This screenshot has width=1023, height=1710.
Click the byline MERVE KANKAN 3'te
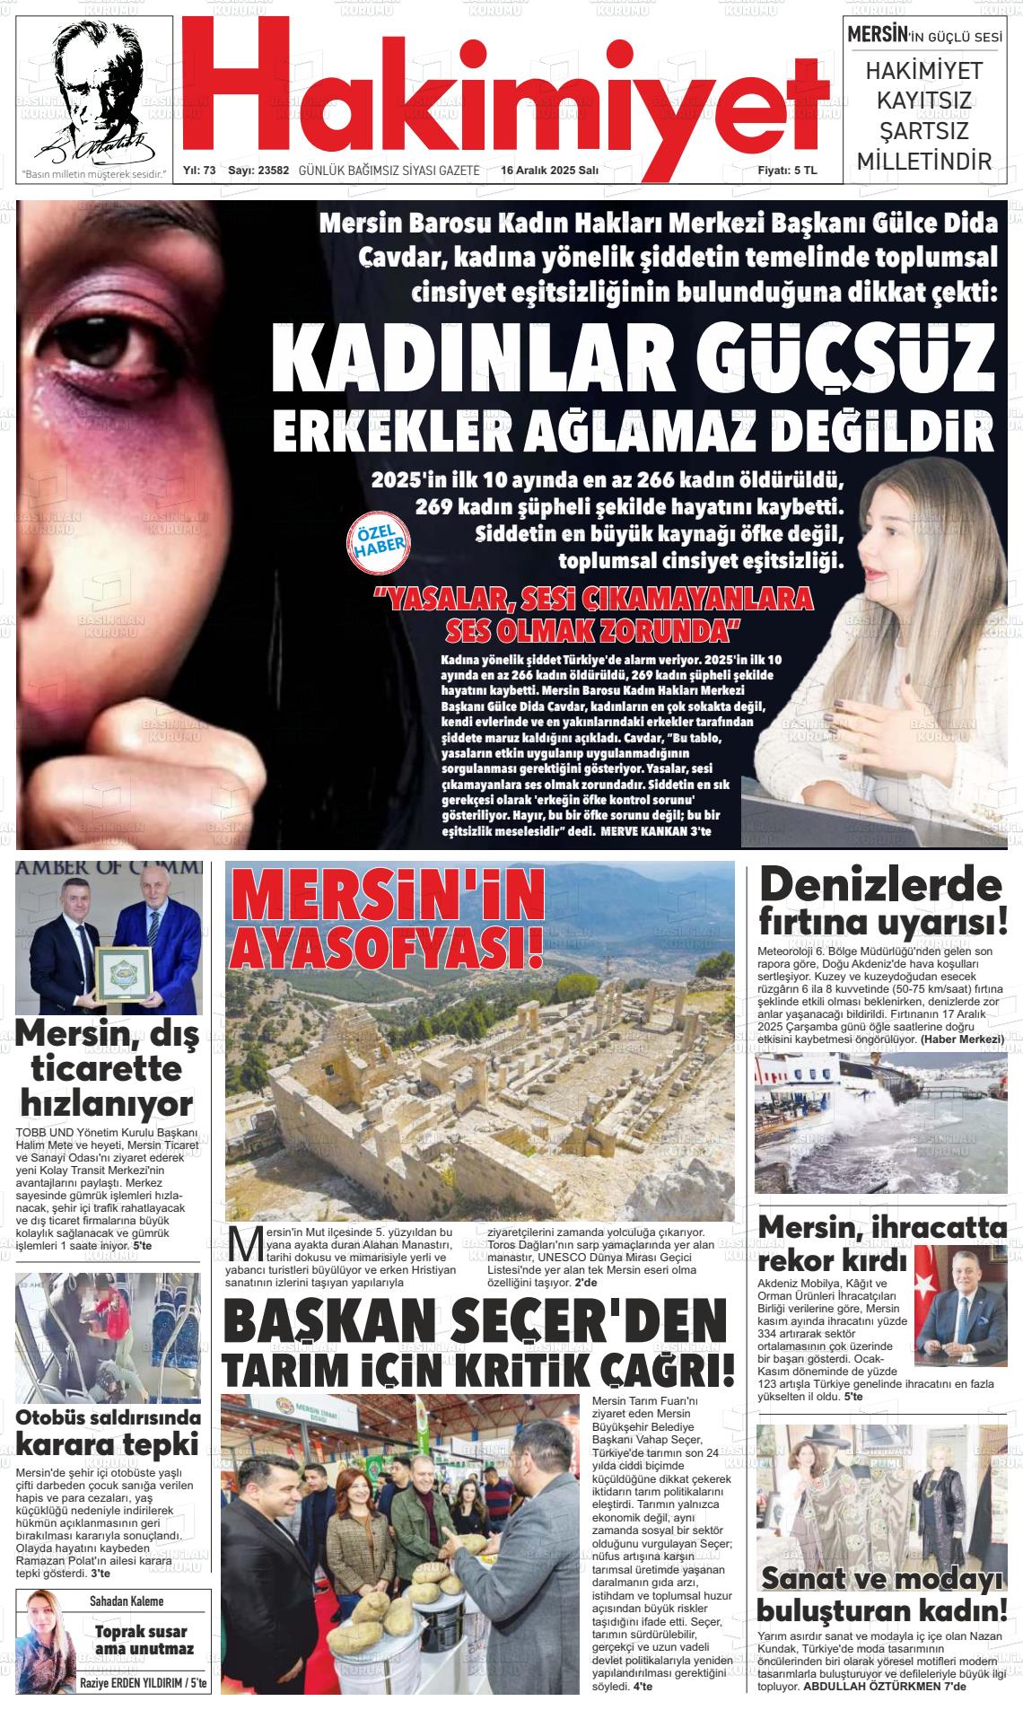click(655, 832)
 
